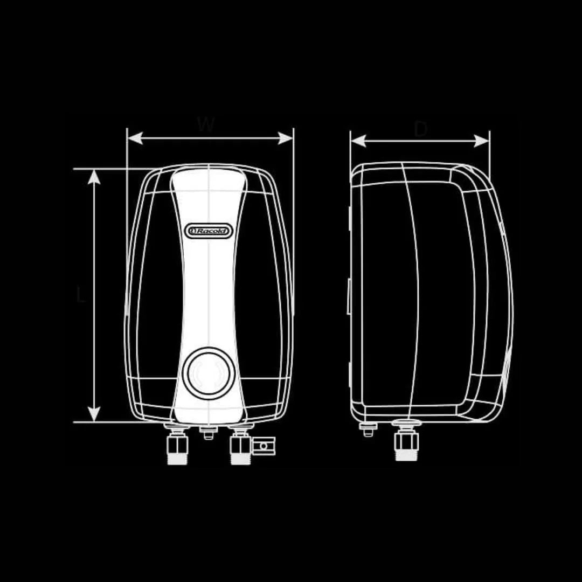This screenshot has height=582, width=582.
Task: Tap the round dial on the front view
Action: click(209, 373)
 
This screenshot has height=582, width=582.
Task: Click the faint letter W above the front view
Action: click(206, 124)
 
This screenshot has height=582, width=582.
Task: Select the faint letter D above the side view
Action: click(421, 129)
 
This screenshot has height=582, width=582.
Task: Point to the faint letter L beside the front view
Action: click(81, 295)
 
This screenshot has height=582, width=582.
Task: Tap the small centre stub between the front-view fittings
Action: click(209, 432)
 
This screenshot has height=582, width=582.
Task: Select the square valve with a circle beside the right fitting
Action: click(264, 446)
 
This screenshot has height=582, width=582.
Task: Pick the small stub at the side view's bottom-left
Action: click(369, 429)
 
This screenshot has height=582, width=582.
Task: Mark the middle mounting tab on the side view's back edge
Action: click(349, 296)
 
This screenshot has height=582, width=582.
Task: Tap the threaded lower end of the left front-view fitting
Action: click(178, 458)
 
